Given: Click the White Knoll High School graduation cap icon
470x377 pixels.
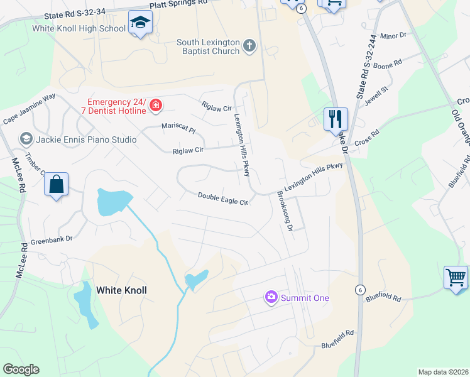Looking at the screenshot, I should [x=138, y=23].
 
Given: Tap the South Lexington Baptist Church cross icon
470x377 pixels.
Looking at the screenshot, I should [x=249, y=45].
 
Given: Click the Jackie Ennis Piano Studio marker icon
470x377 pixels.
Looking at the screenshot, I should [x=26, y=138].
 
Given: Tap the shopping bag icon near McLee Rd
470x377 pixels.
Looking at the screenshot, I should [x=57, y=185].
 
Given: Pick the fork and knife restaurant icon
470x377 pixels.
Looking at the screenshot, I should [x=336, y=117].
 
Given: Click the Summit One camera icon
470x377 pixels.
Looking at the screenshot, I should [x=271, y=297].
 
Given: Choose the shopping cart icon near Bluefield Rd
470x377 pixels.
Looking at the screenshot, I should [x=456, y=277].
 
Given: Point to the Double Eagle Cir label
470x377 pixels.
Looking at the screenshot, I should [x=224, y=199].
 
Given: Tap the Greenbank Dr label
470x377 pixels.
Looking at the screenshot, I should [x=52, y=240].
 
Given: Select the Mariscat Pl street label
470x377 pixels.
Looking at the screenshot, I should [x=178, y=128].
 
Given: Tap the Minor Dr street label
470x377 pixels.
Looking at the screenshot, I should [x=394, y=36].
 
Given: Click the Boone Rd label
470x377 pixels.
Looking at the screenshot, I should [x=388, y=65].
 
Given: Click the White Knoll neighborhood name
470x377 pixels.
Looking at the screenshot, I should [x=121, y=290].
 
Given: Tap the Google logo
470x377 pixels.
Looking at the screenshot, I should [x=21, y=369].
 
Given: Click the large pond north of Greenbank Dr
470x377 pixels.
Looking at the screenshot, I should [x=111, y=201].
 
